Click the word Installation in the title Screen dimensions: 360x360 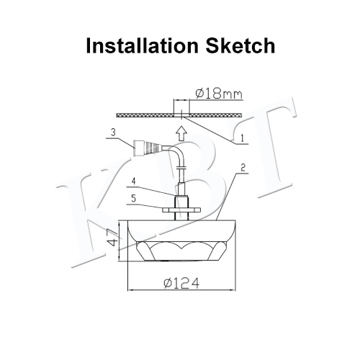coord(142,45)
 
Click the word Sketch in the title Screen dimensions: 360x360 coord(240,45)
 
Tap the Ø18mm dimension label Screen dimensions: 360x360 coord(219,94)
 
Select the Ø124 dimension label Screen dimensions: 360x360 coord(181,283)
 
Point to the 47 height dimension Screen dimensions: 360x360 coord(114,238)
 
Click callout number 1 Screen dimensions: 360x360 coord(242,138)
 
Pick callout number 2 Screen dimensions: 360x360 coord(243,168)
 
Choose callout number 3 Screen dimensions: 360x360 coord(113,132)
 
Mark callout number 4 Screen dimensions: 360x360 coord(134,181)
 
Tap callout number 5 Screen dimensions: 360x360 coord(134,199)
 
